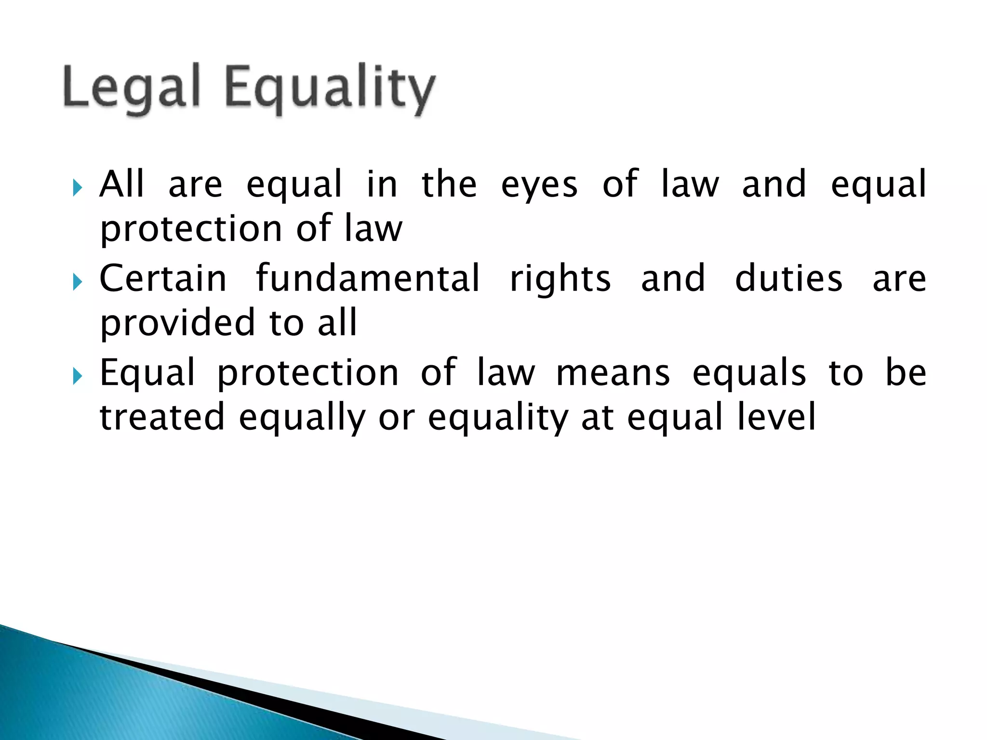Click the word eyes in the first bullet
tap(539, 186)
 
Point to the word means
tap(613, 374)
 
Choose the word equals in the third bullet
tap(749, 374)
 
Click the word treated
tap(162, 417)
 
